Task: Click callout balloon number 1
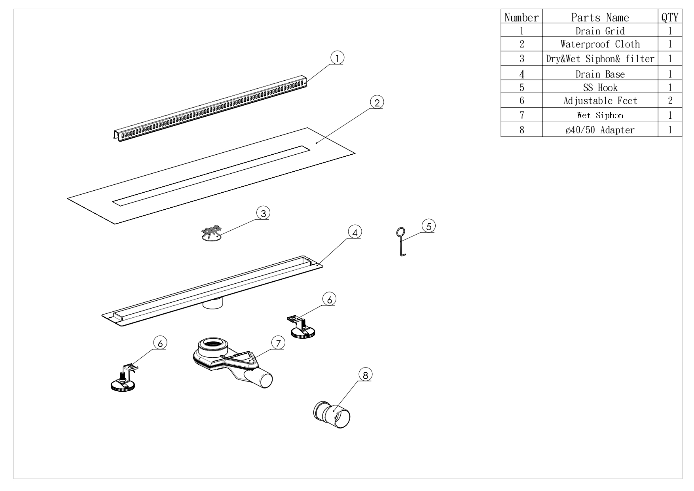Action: (x=337, y=58)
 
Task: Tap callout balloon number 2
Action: (x=377, y=102)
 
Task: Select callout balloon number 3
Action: (x=263, y=213)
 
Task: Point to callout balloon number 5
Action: (x=429, y=226)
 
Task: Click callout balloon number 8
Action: (x=365, y=374)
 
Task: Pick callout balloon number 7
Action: (x=278, y=343)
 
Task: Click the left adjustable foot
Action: (x=124, y=380)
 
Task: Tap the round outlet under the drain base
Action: (x=212, y=304)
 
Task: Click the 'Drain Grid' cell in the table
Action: (x=600, y=31)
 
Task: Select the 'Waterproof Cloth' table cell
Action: (x=600, y=44)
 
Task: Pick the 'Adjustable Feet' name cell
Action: (x=600, y=101)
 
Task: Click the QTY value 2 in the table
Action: (x=670, y=101)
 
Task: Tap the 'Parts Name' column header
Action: (x=600, y=17)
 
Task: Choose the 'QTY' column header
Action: (x=670, y=17)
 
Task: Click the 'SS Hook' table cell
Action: (x=600, y=87)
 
